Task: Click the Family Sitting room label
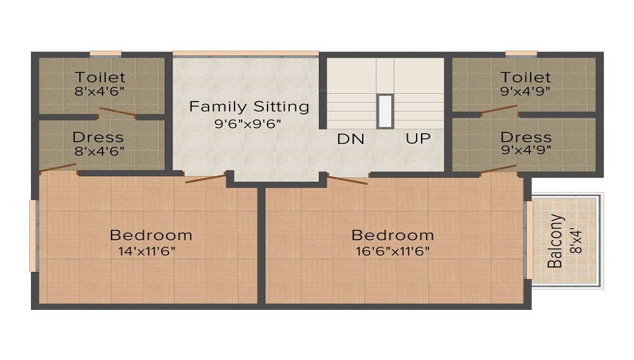pyautogui.click(x=249, y=106)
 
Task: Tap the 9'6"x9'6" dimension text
pyautogui.click(x=249, y=123)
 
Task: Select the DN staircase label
pyautogui.click(x=351, y=138)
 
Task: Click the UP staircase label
pyautogui.click(x=418, y=138)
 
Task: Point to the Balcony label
pyautogui.click(x=555, y=241)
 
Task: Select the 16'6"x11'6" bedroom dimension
pyautogui.click(x=392, y=251)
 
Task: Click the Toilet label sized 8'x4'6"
pyautogui.click(x=100, y=77)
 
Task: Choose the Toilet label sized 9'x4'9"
pyautogui.click(x=526, y=77)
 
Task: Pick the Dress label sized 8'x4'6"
pyautogui.click(x=98, y=137)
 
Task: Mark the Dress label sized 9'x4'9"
pyautogui.click(x=526, y=137)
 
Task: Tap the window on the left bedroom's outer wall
pyautogui.click(x=33, y=235)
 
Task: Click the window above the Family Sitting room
pyautogui.click(x=245, y=53)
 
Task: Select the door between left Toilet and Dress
pyautogui.click(x=117, y=113)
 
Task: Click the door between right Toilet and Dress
pyautogui.click(x=499, y=110)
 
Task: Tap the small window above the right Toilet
pyautogui.click(x=521, y=53)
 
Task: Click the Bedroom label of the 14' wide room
pyautogui.click(x=151, y=235)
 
